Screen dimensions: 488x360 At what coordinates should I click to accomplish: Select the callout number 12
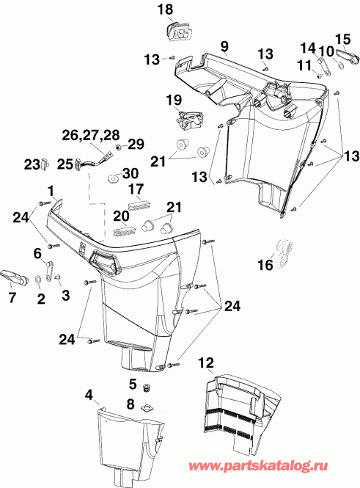coord(207,362)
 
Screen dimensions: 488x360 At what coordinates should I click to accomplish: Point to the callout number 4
coord(89,395)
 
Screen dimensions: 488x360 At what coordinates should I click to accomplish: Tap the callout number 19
coord(173,99)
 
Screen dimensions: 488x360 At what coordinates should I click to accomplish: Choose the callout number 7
coord(11,296)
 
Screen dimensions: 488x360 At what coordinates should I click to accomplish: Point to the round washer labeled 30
coord(114,178)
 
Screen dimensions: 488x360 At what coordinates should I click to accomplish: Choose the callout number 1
coord(50,189)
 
